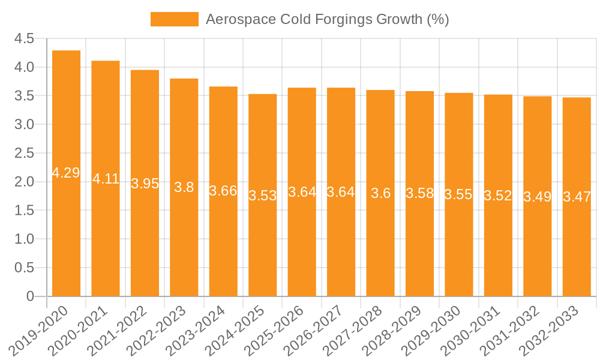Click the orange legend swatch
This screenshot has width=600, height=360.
(x=174, y=19)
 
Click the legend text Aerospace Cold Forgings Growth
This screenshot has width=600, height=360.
(x=327, y=19)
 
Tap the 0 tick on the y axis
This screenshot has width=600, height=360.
(x=30, y=296)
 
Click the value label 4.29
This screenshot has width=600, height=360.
(x=66, y=173)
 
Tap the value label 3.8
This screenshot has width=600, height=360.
(x=184, y=187)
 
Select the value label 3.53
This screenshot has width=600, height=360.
(x=263, y=195)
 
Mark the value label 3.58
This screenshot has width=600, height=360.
(x=420, y=193)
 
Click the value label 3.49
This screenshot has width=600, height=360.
(x=538, y=196)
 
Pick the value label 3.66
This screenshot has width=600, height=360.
(x=223, y=191)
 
